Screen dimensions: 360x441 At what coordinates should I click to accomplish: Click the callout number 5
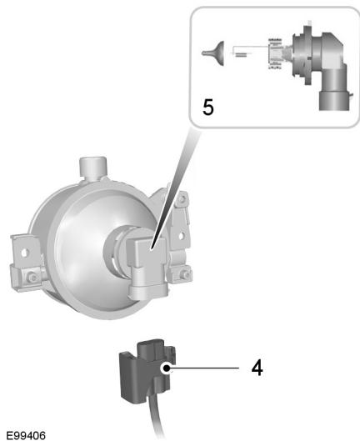[x=208, y=108]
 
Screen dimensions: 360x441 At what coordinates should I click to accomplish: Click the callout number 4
[x=257, y=368]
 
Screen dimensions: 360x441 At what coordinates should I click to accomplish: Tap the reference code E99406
[x=26, y=435]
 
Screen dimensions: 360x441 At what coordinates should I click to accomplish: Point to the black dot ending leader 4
[x=167, y=368]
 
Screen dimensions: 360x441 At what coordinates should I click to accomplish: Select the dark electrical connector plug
[x=147, y=369]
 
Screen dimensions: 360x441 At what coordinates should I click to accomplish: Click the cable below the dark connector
[x=157, y=420]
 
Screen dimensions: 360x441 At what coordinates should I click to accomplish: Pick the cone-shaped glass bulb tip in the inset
[x=215, y=53]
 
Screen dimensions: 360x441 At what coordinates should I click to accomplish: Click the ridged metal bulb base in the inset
[x=276, y=53]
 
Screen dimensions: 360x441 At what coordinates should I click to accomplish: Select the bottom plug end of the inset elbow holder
[x=335, y=100]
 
